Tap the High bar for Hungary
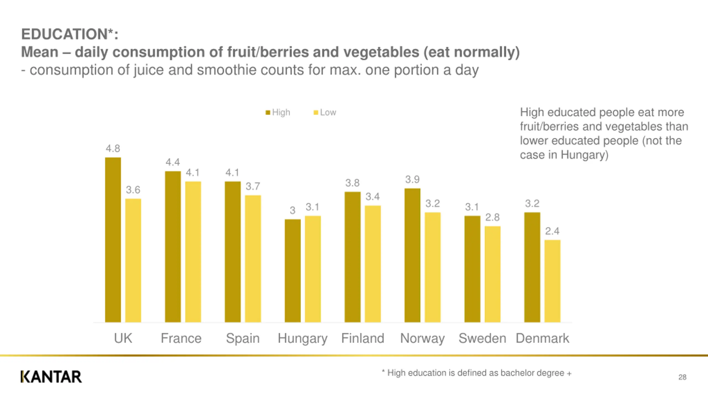(x=293, y=271)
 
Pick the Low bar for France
(x=193, y=252)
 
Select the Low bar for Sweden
(x=493, y=274)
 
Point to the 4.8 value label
(x=113, y=149)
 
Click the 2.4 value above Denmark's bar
(x=552, y=231)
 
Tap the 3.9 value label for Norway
(x=412, y=180)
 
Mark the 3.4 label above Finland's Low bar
(x=373, y=197)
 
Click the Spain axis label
(x=243, y=338)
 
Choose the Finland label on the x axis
(x=363, y=338)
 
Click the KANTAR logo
(x=51, y=377)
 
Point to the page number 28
(x=682, y=377)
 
